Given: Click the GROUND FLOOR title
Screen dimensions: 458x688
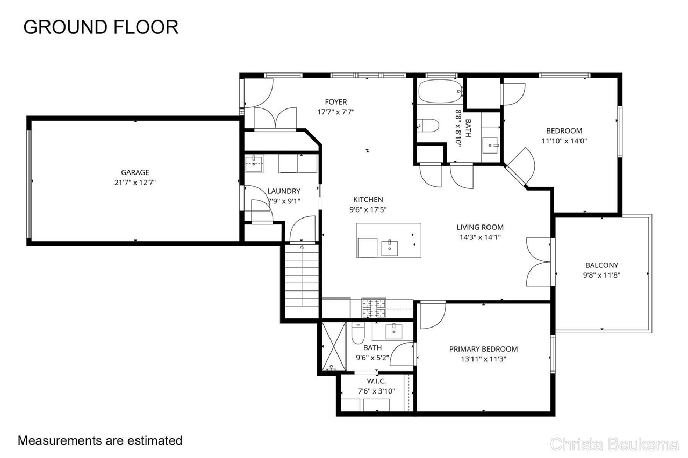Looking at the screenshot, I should point(101,27).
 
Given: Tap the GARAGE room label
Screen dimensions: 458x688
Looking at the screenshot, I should point(135,172).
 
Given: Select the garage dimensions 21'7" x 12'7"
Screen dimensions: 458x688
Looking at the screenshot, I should point(135,183).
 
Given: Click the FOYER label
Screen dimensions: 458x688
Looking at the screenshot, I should point(336,102).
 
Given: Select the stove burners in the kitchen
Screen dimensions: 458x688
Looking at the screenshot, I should point(374,308).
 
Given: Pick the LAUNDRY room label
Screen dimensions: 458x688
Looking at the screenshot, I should point(284,191).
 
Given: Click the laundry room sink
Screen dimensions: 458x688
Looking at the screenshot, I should point(254,163).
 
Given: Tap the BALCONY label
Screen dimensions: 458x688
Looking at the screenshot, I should point(601,265).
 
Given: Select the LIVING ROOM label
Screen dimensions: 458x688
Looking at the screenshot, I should point(480,227).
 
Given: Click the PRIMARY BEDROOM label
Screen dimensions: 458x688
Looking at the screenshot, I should point(483,349).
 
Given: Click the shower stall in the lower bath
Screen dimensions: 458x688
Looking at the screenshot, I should point(334,346).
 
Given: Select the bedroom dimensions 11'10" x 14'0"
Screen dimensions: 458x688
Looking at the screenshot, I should point(564,141).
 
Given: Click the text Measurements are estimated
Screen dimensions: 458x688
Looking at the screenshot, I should point(100,441).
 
